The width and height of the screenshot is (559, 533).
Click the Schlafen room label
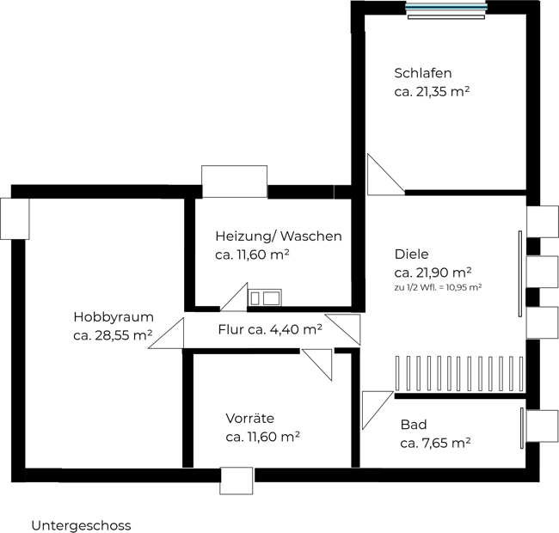(x=423, y=73)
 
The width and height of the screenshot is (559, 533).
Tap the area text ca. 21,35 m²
(x=432, y=92)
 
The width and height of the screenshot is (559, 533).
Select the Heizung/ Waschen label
(x=279, y=236)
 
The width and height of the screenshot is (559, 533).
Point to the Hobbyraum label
(x=114, y=317)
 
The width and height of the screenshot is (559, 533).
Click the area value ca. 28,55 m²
(x=113, y=335)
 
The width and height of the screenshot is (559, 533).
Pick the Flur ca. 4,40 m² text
(x=270, y=329)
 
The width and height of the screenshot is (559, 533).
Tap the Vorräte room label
(x=250, y=418)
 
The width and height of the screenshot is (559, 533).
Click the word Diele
(x=411, y=254)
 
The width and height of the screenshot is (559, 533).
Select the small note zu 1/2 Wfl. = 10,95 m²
(x=438, y=287)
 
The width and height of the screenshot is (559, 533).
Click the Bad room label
(x=414, y=425)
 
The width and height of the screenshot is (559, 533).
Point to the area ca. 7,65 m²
(x=435, y=444)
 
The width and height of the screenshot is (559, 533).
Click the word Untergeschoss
(x=82, y=525)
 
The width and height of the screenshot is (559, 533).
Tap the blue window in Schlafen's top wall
(x=446, y=6)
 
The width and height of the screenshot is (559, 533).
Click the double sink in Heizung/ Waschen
(x=265, y=297)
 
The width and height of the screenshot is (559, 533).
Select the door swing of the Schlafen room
(x=386, y=175)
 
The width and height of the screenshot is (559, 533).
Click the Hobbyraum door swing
(x=166, y=334)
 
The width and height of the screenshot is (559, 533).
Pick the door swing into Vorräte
(x=317, y=365)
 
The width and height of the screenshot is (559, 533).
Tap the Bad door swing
(x=378, y=410)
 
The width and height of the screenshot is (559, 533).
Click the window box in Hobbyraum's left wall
(x=15, y=218)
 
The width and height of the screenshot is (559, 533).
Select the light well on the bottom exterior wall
(x=236, y=481)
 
